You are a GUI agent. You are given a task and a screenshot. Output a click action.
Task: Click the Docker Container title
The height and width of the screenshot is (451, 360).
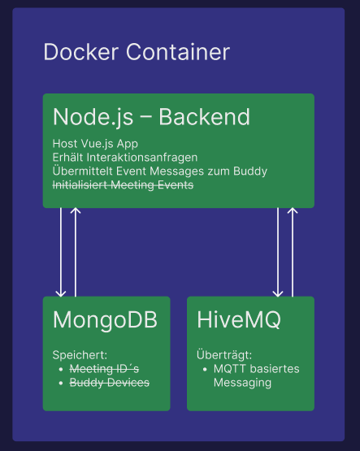point(137,52)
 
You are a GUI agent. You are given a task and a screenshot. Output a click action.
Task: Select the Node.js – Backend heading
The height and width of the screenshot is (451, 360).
point(151,117)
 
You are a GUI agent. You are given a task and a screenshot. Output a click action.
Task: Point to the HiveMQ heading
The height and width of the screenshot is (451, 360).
point(239,320)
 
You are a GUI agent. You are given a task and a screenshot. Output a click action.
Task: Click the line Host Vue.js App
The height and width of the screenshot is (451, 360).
point(95,144)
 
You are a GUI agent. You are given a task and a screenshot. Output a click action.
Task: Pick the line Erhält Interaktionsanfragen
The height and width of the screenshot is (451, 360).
point(125,158)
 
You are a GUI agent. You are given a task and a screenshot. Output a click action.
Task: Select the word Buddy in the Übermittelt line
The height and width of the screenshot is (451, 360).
point(250,171)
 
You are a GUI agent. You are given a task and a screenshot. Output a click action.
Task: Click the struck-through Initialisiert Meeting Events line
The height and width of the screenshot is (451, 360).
point(123,185)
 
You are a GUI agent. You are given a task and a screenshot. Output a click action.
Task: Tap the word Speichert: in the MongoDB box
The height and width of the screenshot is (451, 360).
point(80,355)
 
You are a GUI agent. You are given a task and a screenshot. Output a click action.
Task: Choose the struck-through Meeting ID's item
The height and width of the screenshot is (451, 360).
point(104,369)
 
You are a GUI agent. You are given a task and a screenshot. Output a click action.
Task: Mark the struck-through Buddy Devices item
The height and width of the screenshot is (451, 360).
point(110,383)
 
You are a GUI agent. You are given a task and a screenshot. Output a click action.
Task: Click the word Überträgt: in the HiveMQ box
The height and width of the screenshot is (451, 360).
point(224,354)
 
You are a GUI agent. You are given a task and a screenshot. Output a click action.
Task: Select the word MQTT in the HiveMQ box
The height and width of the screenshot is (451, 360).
point(230,369)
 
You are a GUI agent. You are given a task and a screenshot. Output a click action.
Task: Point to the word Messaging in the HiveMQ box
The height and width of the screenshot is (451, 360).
point(242,383)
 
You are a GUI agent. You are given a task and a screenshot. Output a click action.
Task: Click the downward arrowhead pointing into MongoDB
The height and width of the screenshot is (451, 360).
point(61,293)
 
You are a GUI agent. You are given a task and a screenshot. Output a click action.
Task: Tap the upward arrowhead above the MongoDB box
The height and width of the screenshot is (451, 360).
point(76,210)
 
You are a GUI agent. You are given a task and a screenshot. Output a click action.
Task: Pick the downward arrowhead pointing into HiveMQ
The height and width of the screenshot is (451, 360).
point(278,293)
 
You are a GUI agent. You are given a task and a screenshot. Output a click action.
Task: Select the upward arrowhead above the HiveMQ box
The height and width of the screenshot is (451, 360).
point(293,210)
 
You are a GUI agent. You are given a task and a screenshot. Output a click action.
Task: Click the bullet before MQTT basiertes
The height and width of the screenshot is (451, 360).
point(205,369)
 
